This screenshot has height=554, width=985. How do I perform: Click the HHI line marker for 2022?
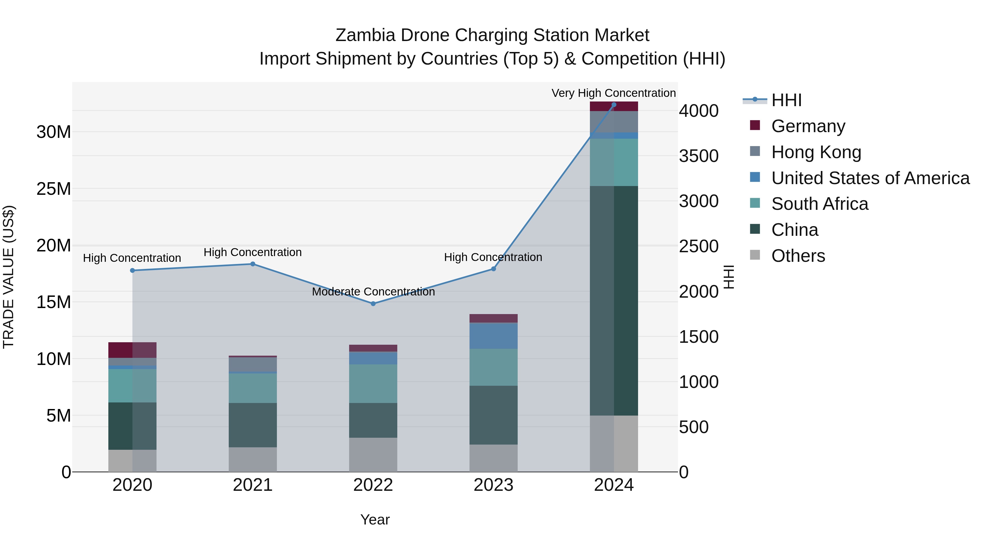pos(373,304)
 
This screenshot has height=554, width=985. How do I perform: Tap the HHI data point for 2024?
pos(614,105)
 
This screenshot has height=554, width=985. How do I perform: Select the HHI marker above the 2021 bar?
pos(253,264)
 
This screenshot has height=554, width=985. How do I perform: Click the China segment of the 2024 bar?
pos(614,300)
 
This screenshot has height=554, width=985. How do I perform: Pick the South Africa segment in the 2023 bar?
pos(493,367)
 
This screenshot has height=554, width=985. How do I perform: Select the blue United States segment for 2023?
pos(493,336)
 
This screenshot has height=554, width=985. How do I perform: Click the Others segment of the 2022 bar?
pos(373,455)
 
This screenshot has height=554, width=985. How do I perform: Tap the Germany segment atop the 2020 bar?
pos(132,350)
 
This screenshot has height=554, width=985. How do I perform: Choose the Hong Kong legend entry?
pos(816,152)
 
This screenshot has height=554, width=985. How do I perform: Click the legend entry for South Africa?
pos(819,204)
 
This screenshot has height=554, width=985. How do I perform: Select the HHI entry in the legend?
pos(786,100)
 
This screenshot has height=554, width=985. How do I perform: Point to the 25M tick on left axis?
pos(54,189)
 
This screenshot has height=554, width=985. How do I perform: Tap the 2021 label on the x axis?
pos(253,485)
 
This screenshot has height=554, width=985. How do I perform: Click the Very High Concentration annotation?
pos(613,93)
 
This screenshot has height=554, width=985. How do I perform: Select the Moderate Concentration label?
pos(373,292)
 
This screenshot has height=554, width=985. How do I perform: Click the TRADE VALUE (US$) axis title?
pos(8,277)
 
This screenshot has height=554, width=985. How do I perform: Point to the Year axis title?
pos(375,520)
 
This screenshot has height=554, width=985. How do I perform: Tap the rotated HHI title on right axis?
pos(729,277)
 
